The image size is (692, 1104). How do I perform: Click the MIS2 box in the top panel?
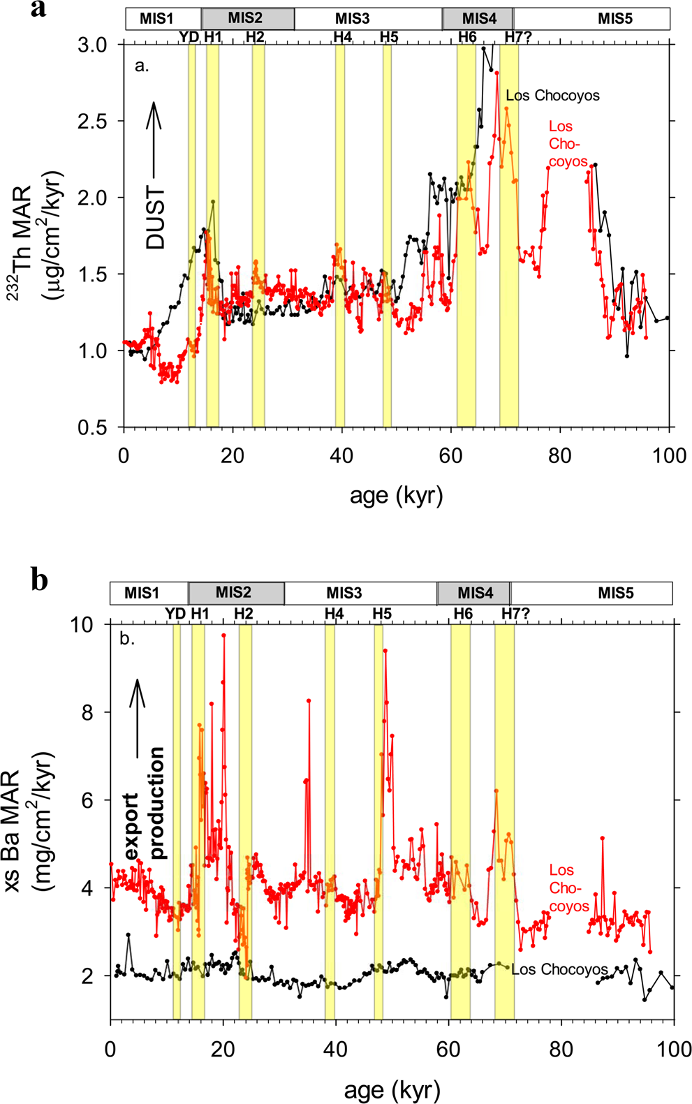pos(248,19)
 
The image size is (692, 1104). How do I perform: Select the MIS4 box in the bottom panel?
pos(474,593)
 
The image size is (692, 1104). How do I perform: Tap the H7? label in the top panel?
pos(517,37)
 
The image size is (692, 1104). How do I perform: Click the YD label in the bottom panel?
pos(175,614)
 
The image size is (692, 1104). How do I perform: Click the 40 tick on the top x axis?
pos(341,456)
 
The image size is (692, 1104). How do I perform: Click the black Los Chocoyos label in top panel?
pos(552,96)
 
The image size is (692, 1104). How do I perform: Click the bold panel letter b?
pos(40,580)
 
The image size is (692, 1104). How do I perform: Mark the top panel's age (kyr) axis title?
pos(396,496)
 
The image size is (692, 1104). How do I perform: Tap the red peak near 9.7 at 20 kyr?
pos(223,635)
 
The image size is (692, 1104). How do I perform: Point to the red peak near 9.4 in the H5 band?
pos(385,650)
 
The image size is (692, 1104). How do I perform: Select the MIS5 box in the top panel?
pos(614,19)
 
